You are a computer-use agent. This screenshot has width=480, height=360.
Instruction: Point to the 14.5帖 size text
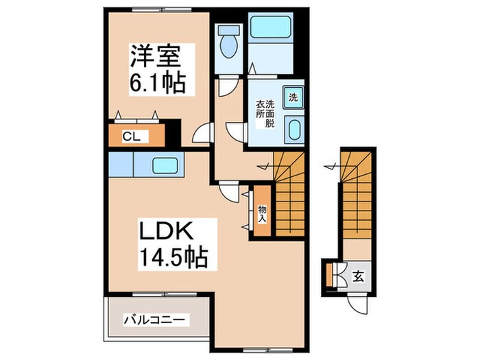(x=172, y=259)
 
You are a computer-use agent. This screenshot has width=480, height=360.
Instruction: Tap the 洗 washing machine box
(x=293, y=97)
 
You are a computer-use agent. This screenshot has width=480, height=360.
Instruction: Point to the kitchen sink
(x=165, y=165)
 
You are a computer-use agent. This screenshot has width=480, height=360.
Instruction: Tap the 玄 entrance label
(x=357, y=277)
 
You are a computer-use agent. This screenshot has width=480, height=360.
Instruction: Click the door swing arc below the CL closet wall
(x=201, y=135)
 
